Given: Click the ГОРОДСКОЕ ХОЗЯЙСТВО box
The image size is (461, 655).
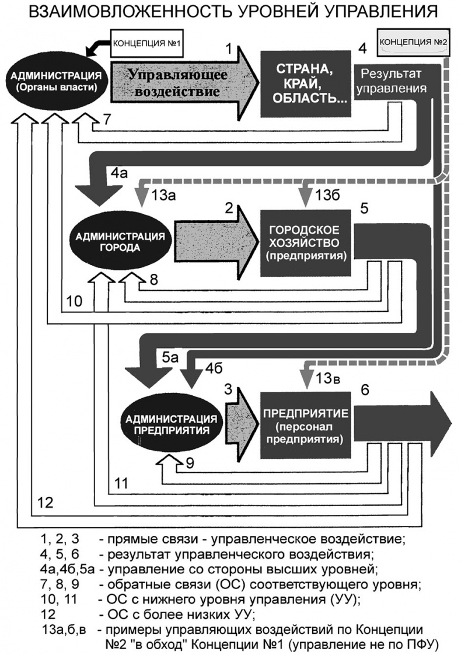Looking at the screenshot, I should (x=305, y=241).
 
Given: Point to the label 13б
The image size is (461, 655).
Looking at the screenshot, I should (x=327, y=194).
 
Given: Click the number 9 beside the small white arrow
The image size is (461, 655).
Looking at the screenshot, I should (x=189, y=464).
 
